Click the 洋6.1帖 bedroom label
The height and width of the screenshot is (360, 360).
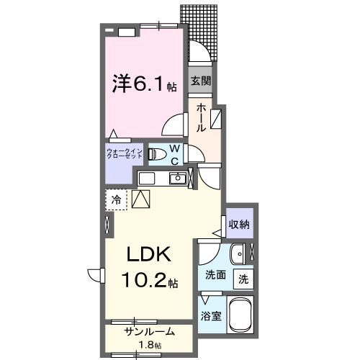coord(143,84)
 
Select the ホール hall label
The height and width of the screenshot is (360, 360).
coord(202,117)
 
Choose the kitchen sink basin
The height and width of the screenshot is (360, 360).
coord(177,179)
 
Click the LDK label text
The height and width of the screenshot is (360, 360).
coord(148,255)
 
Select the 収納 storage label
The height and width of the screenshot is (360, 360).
coord(239,225)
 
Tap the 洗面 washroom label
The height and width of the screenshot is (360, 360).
coord(216,274)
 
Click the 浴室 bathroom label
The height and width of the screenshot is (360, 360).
coord(210,315)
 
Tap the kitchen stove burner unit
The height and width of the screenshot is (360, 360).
coord(148,178)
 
